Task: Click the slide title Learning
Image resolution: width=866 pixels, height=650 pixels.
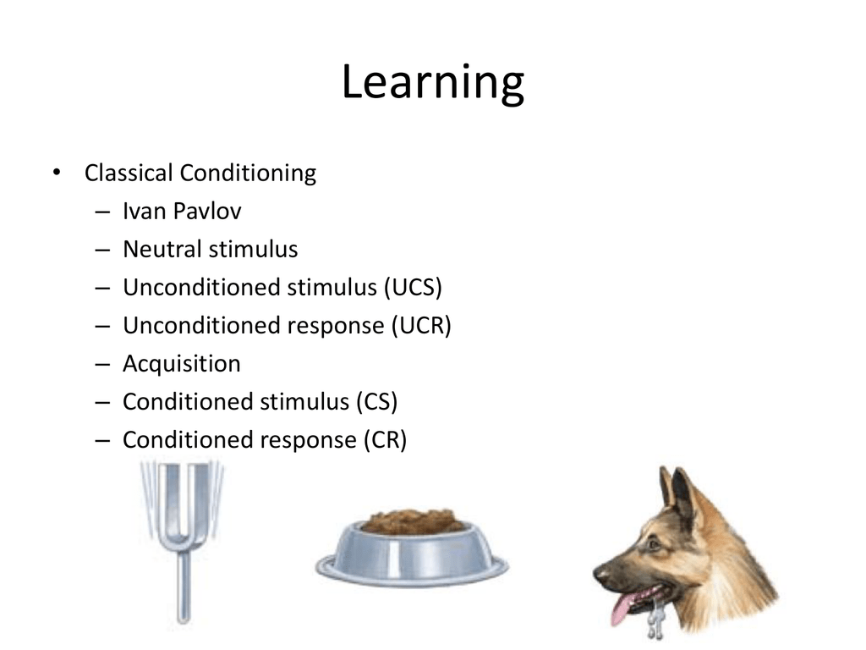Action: tap(433, 83)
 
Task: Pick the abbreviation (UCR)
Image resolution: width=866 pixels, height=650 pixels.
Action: tap(421, 326)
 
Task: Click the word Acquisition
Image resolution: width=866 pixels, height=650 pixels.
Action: tap(182, 364)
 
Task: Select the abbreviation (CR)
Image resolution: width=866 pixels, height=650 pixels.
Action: tap(385, 440)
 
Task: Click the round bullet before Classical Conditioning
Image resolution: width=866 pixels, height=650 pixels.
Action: tap(57, 173)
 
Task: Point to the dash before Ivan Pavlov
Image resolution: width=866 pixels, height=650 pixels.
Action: tap(102, 211)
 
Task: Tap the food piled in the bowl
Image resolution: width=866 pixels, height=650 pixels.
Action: tap(413, 521)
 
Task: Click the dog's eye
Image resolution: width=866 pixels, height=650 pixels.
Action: tap(654, 544)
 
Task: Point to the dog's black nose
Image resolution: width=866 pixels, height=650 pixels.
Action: tap(600, 574)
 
